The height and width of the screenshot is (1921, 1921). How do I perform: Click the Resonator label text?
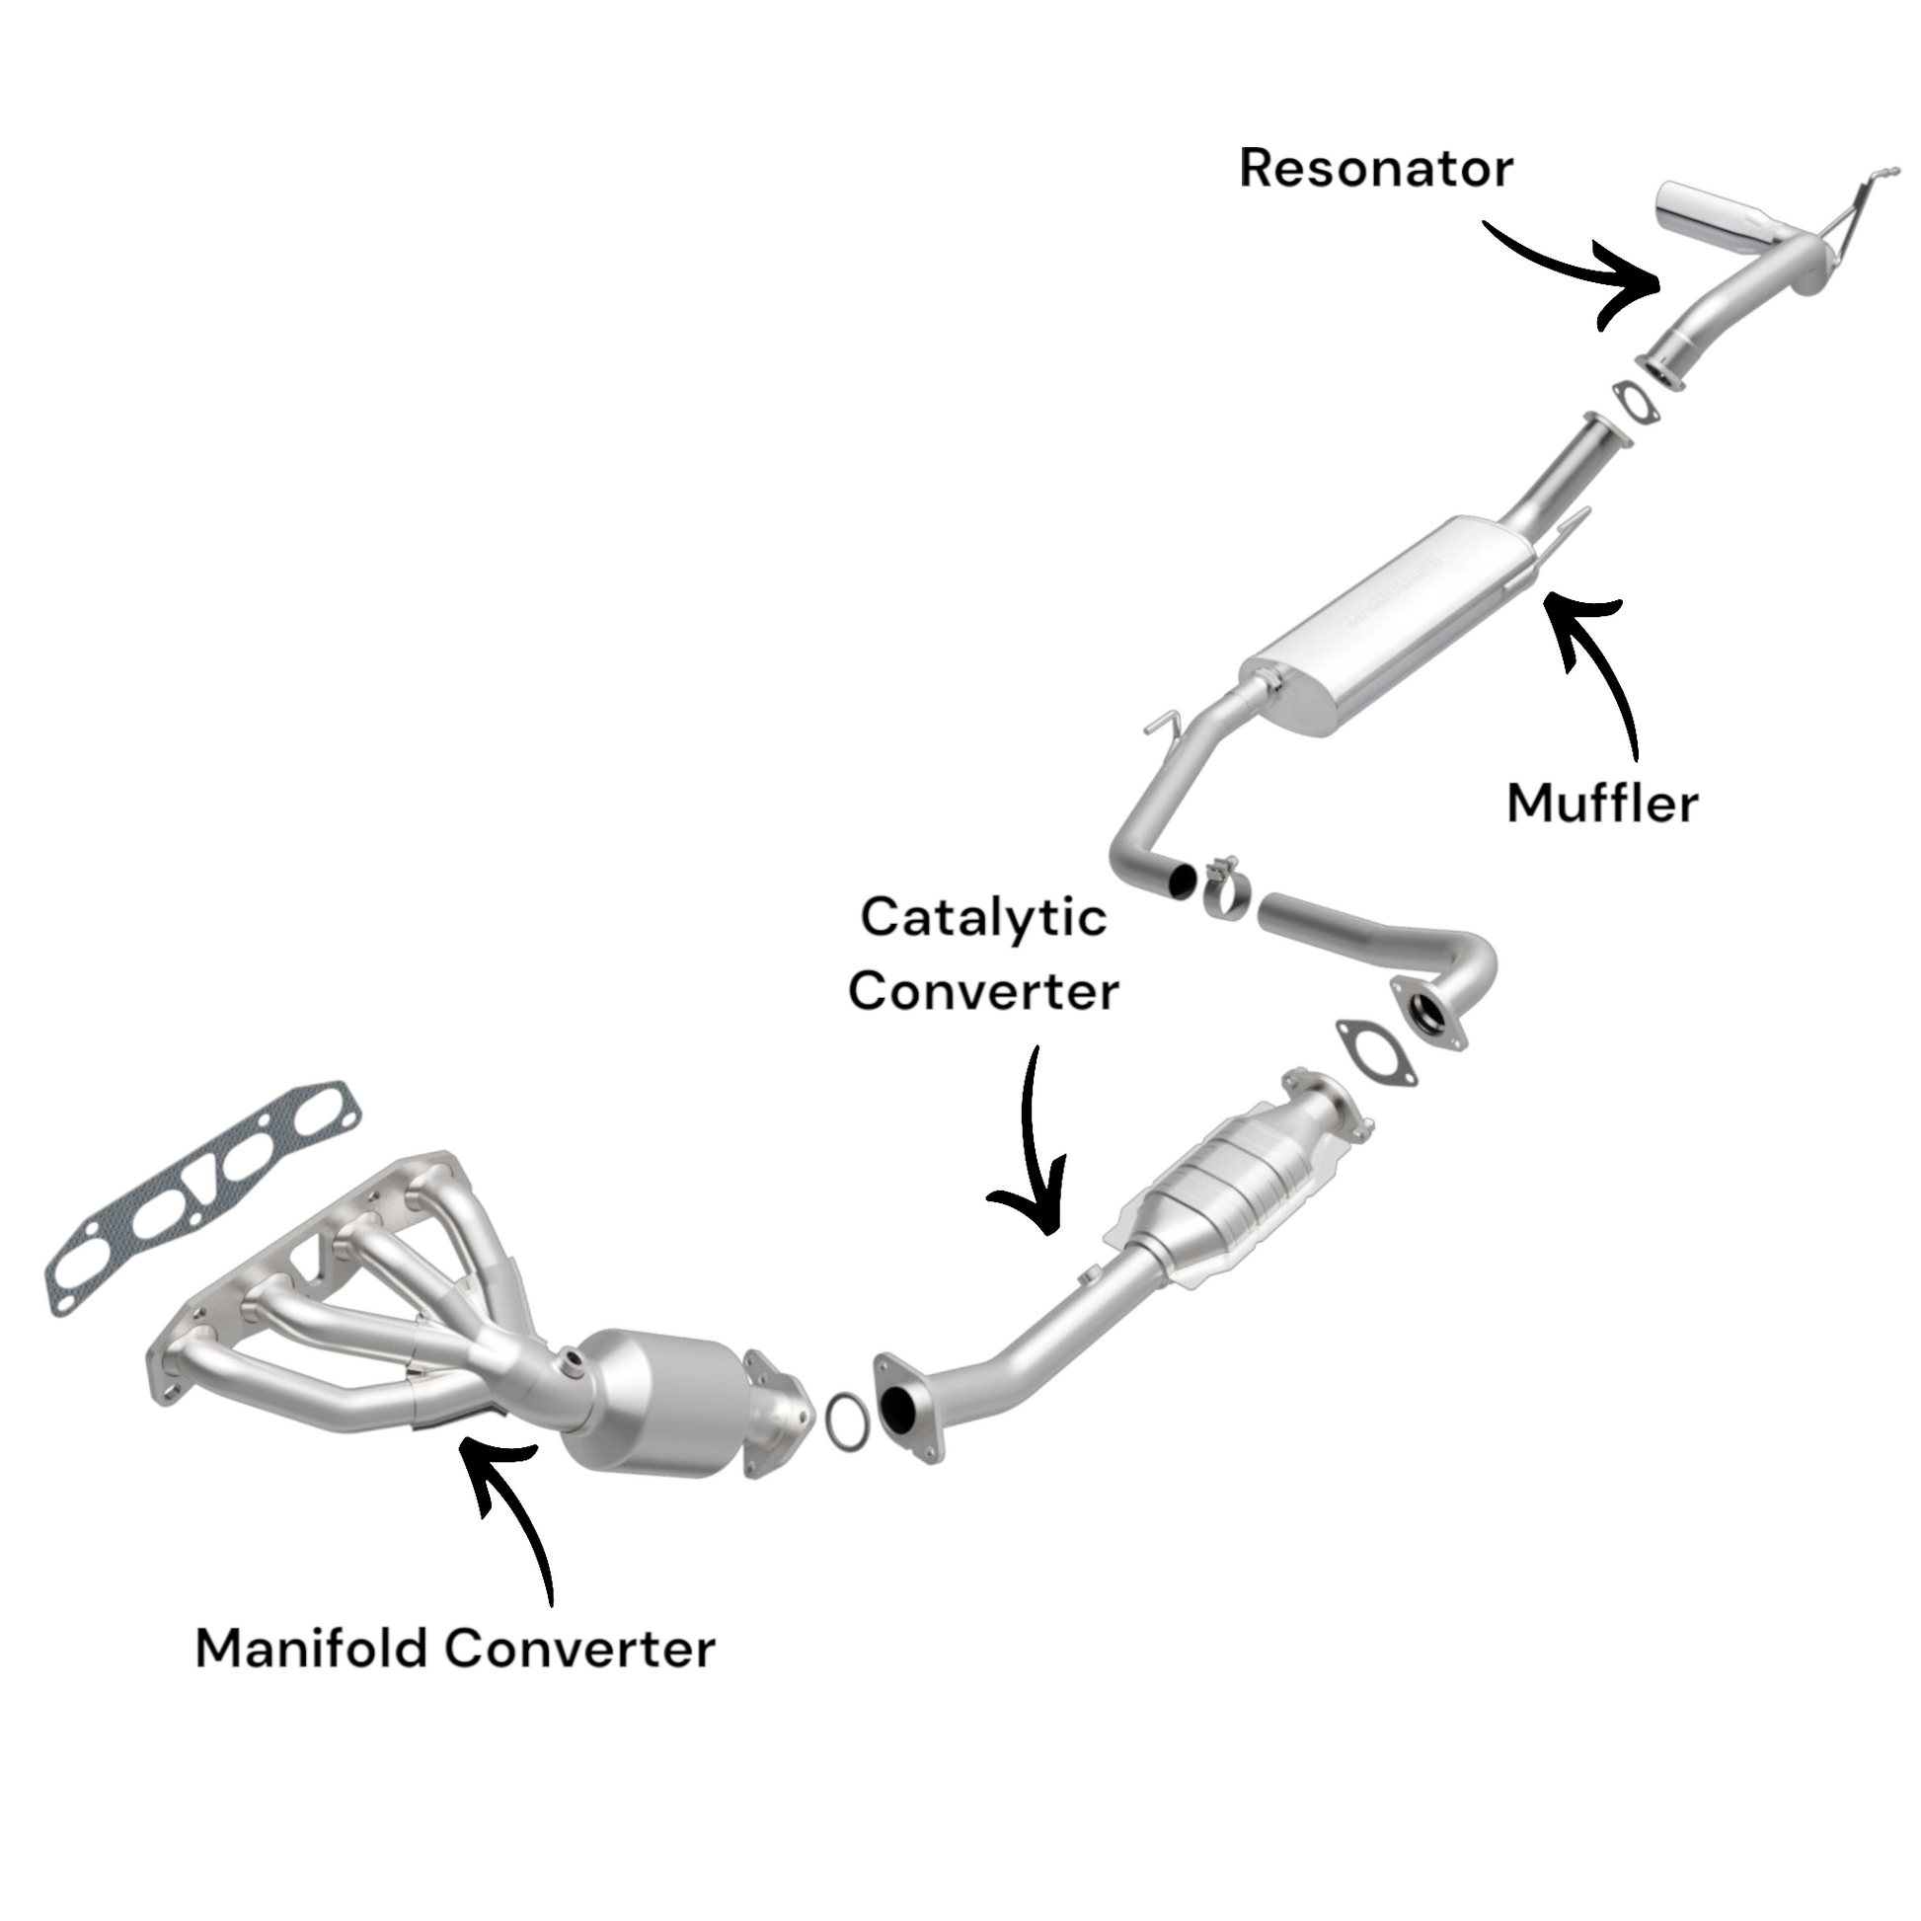point(1375,168)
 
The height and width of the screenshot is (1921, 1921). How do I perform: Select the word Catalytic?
point(982,916)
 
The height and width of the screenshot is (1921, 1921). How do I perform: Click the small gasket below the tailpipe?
point(1634,403)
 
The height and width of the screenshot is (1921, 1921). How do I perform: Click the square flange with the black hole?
point(905,1407)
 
